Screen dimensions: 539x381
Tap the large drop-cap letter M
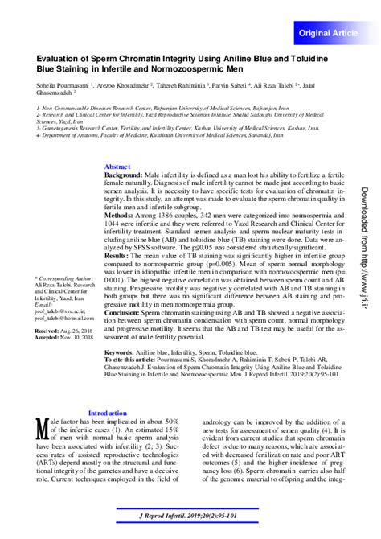click(x=42, y=428)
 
